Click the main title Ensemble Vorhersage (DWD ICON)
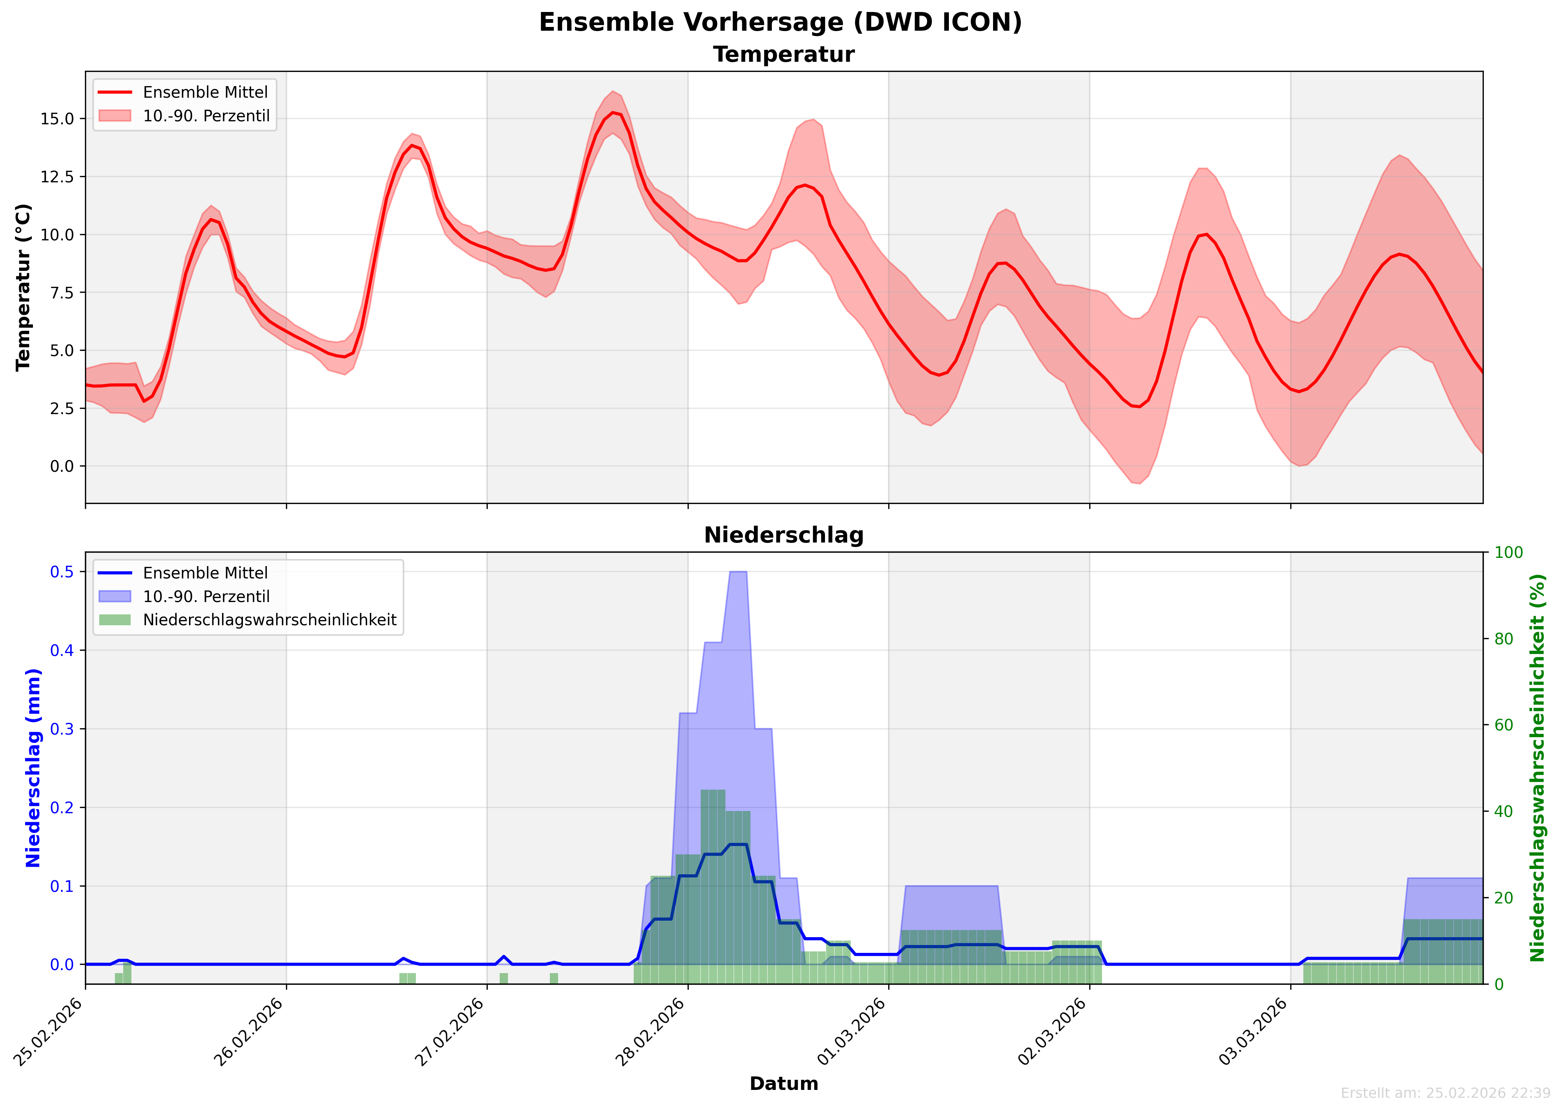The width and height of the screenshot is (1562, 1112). tap(780, 22)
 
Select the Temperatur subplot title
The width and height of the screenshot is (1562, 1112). tap(784, 55)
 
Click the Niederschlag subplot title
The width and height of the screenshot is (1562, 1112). tap(784, 535)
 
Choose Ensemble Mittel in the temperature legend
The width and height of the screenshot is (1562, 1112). tap(205, 92)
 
